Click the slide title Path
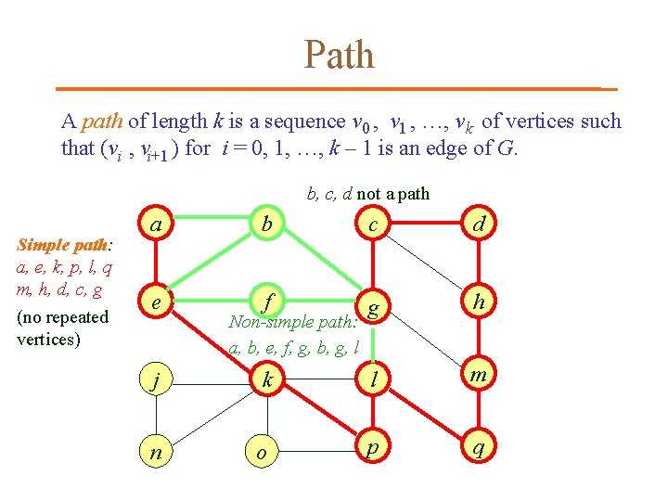coord(339,55)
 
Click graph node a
coord(159,225)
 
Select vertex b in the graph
coord(267,225)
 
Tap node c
coord(372,225)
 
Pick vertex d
coord(479,225)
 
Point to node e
coord(159,302)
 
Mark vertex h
coord(479,302)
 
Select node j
coord(159,379)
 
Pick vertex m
coord(479,375)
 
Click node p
coord(372,449)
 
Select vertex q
coord(479,449)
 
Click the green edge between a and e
coord(159,263)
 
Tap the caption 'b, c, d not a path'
coord(367,194)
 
